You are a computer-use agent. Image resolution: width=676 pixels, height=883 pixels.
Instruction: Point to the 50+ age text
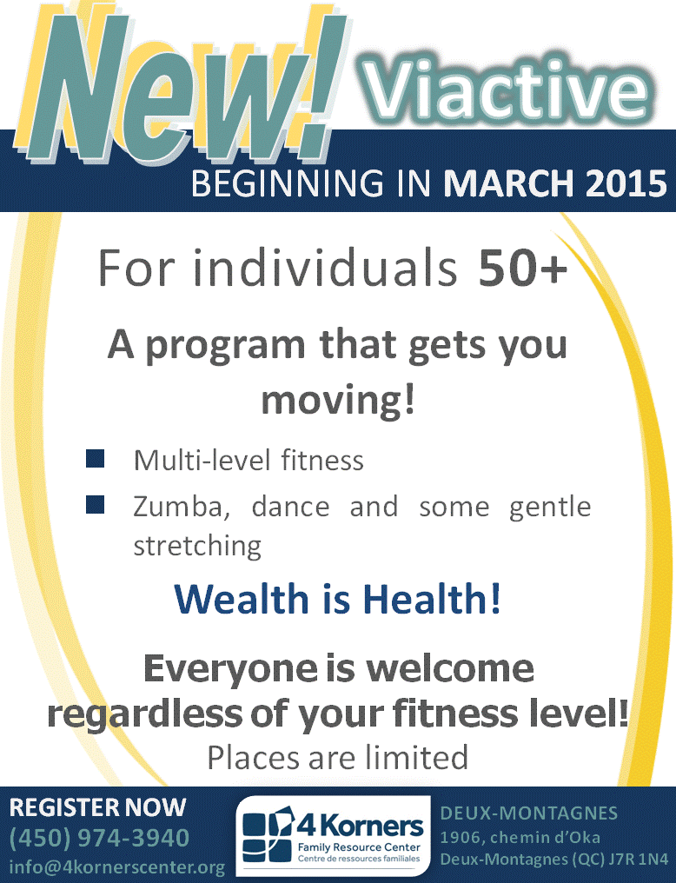[x=523, y=268]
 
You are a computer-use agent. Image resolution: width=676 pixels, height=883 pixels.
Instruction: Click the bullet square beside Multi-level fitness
[x=95, y=458]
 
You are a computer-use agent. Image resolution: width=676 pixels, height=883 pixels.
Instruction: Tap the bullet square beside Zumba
[x=95, y=504]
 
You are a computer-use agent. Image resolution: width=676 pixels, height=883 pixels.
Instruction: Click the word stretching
[x=197, y=546]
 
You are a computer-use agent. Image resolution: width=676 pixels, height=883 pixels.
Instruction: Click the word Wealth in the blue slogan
[x=242, y=599]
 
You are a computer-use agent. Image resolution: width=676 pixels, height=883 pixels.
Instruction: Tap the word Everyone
[x=231, y=669]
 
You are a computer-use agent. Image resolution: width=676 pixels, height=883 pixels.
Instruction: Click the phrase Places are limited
[x=338, y=758]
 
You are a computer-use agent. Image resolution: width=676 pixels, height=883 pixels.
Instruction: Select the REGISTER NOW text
[x=97, y=807]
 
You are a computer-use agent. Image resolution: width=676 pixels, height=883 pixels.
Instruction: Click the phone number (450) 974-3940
[x=100, y=838]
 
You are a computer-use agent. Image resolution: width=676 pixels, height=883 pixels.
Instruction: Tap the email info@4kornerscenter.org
[x=117, y=866]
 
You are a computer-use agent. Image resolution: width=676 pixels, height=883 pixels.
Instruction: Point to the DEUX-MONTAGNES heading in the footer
[x=528, y=813]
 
